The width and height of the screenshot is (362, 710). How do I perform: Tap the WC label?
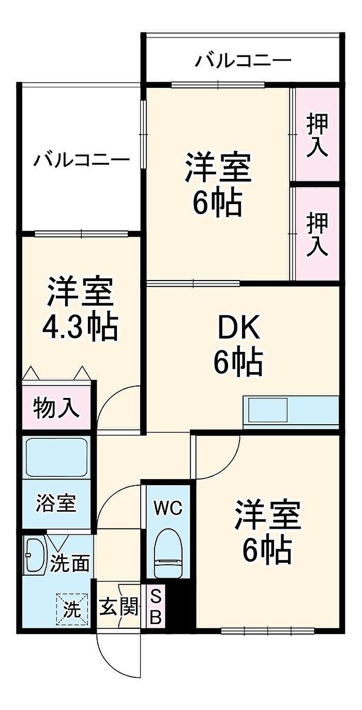168,508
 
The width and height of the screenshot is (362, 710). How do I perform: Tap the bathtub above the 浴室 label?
56,457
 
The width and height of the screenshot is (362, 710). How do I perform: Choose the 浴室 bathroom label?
56,503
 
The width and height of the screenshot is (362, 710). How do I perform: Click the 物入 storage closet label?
56,408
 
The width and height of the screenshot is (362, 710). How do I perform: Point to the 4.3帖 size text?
80,328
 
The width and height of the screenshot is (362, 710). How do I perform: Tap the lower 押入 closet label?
317,234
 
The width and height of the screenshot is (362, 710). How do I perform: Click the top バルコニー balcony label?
243,60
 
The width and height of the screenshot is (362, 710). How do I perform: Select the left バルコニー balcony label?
82,160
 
